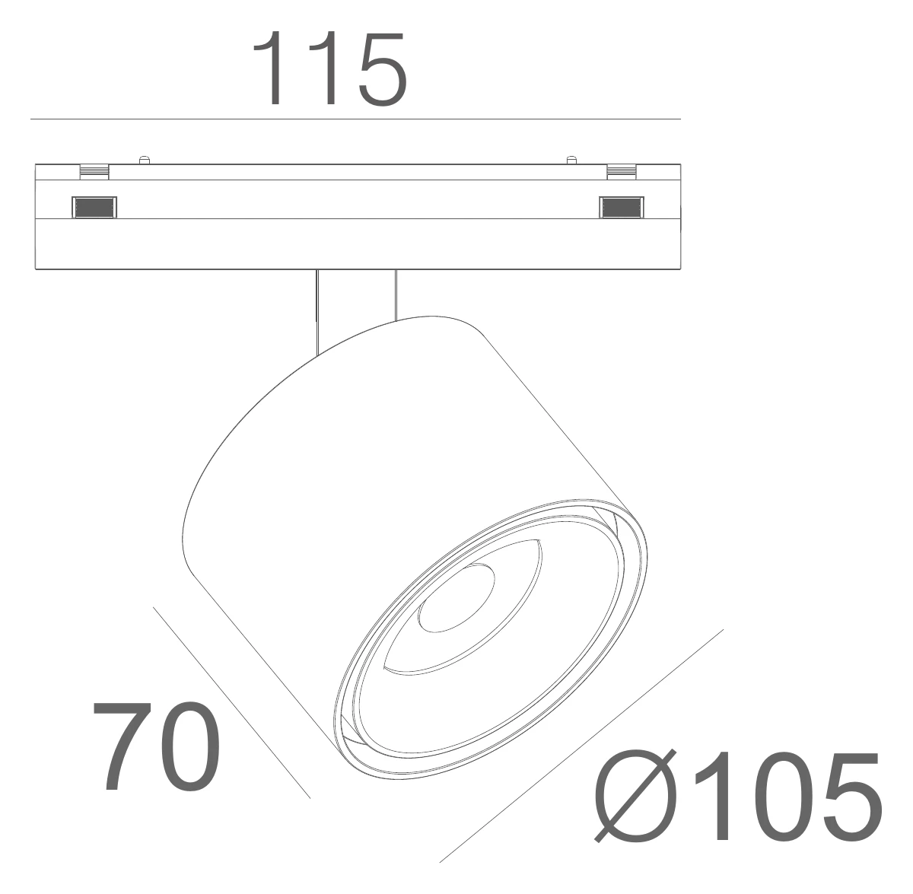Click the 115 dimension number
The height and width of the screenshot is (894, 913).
329,68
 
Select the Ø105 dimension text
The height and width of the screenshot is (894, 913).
737,803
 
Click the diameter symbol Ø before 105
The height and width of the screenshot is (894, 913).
634,803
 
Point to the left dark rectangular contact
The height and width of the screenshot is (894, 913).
94,207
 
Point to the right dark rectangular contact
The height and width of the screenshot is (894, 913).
621,207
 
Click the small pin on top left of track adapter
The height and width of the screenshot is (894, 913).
144,160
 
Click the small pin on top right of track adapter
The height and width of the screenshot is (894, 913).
572,160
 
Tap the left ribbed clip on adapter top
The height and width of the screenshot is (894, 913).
94,172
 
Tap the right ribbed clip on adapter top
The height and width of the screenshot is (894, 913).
622,172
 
